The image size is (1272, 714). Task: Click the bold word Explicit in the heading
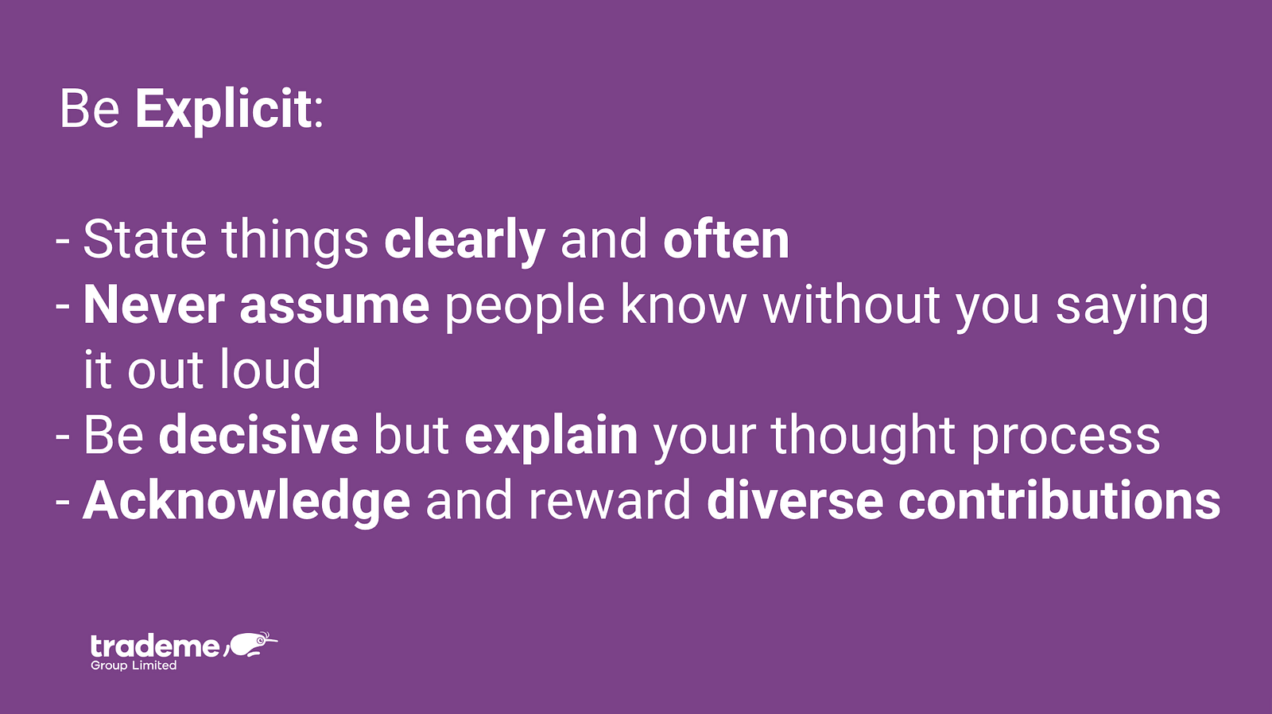coord(223,111)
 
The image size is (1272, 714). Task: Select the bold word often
coord(727,239)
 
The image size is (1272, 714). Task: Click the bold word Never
coord(154,305)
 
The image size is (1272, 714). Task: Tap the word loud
coord(270,369)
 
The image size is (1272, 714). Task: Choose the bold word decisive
coord(258,435)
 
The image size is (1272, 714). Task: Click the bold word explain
coord(551,437)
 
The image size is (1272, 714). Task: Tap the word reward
coord(610,501)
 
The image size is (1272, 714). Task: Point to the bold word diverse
coord(794,501)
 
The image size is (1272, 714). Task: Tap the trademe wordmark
coord(154,646)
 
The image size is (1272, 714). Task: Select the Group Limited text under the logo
coord(134,665)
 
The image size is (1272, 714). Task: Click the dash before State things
coord(63,241)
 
